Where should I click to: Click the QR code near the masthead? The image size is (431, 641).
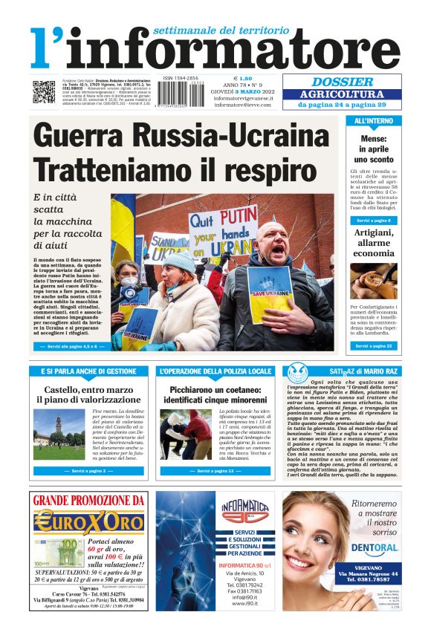(43, 92)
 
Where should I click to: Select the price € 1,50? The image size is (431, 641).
(242, 78)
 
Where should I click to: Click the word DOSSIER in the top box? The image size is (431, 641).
(342, 82)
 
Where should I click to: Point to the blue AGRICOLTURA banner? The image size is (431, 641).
(342, 94)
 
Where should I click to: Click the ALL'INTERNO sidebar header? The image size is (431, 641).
(374, 121)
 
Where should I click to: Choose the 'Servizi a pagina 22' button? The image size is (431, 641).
(374, 346)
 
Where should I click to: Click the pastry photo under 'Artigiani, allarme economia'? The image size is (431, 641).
(374, 281)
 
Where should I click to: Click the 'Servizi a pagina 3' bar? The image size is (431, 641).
(88, 471)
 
